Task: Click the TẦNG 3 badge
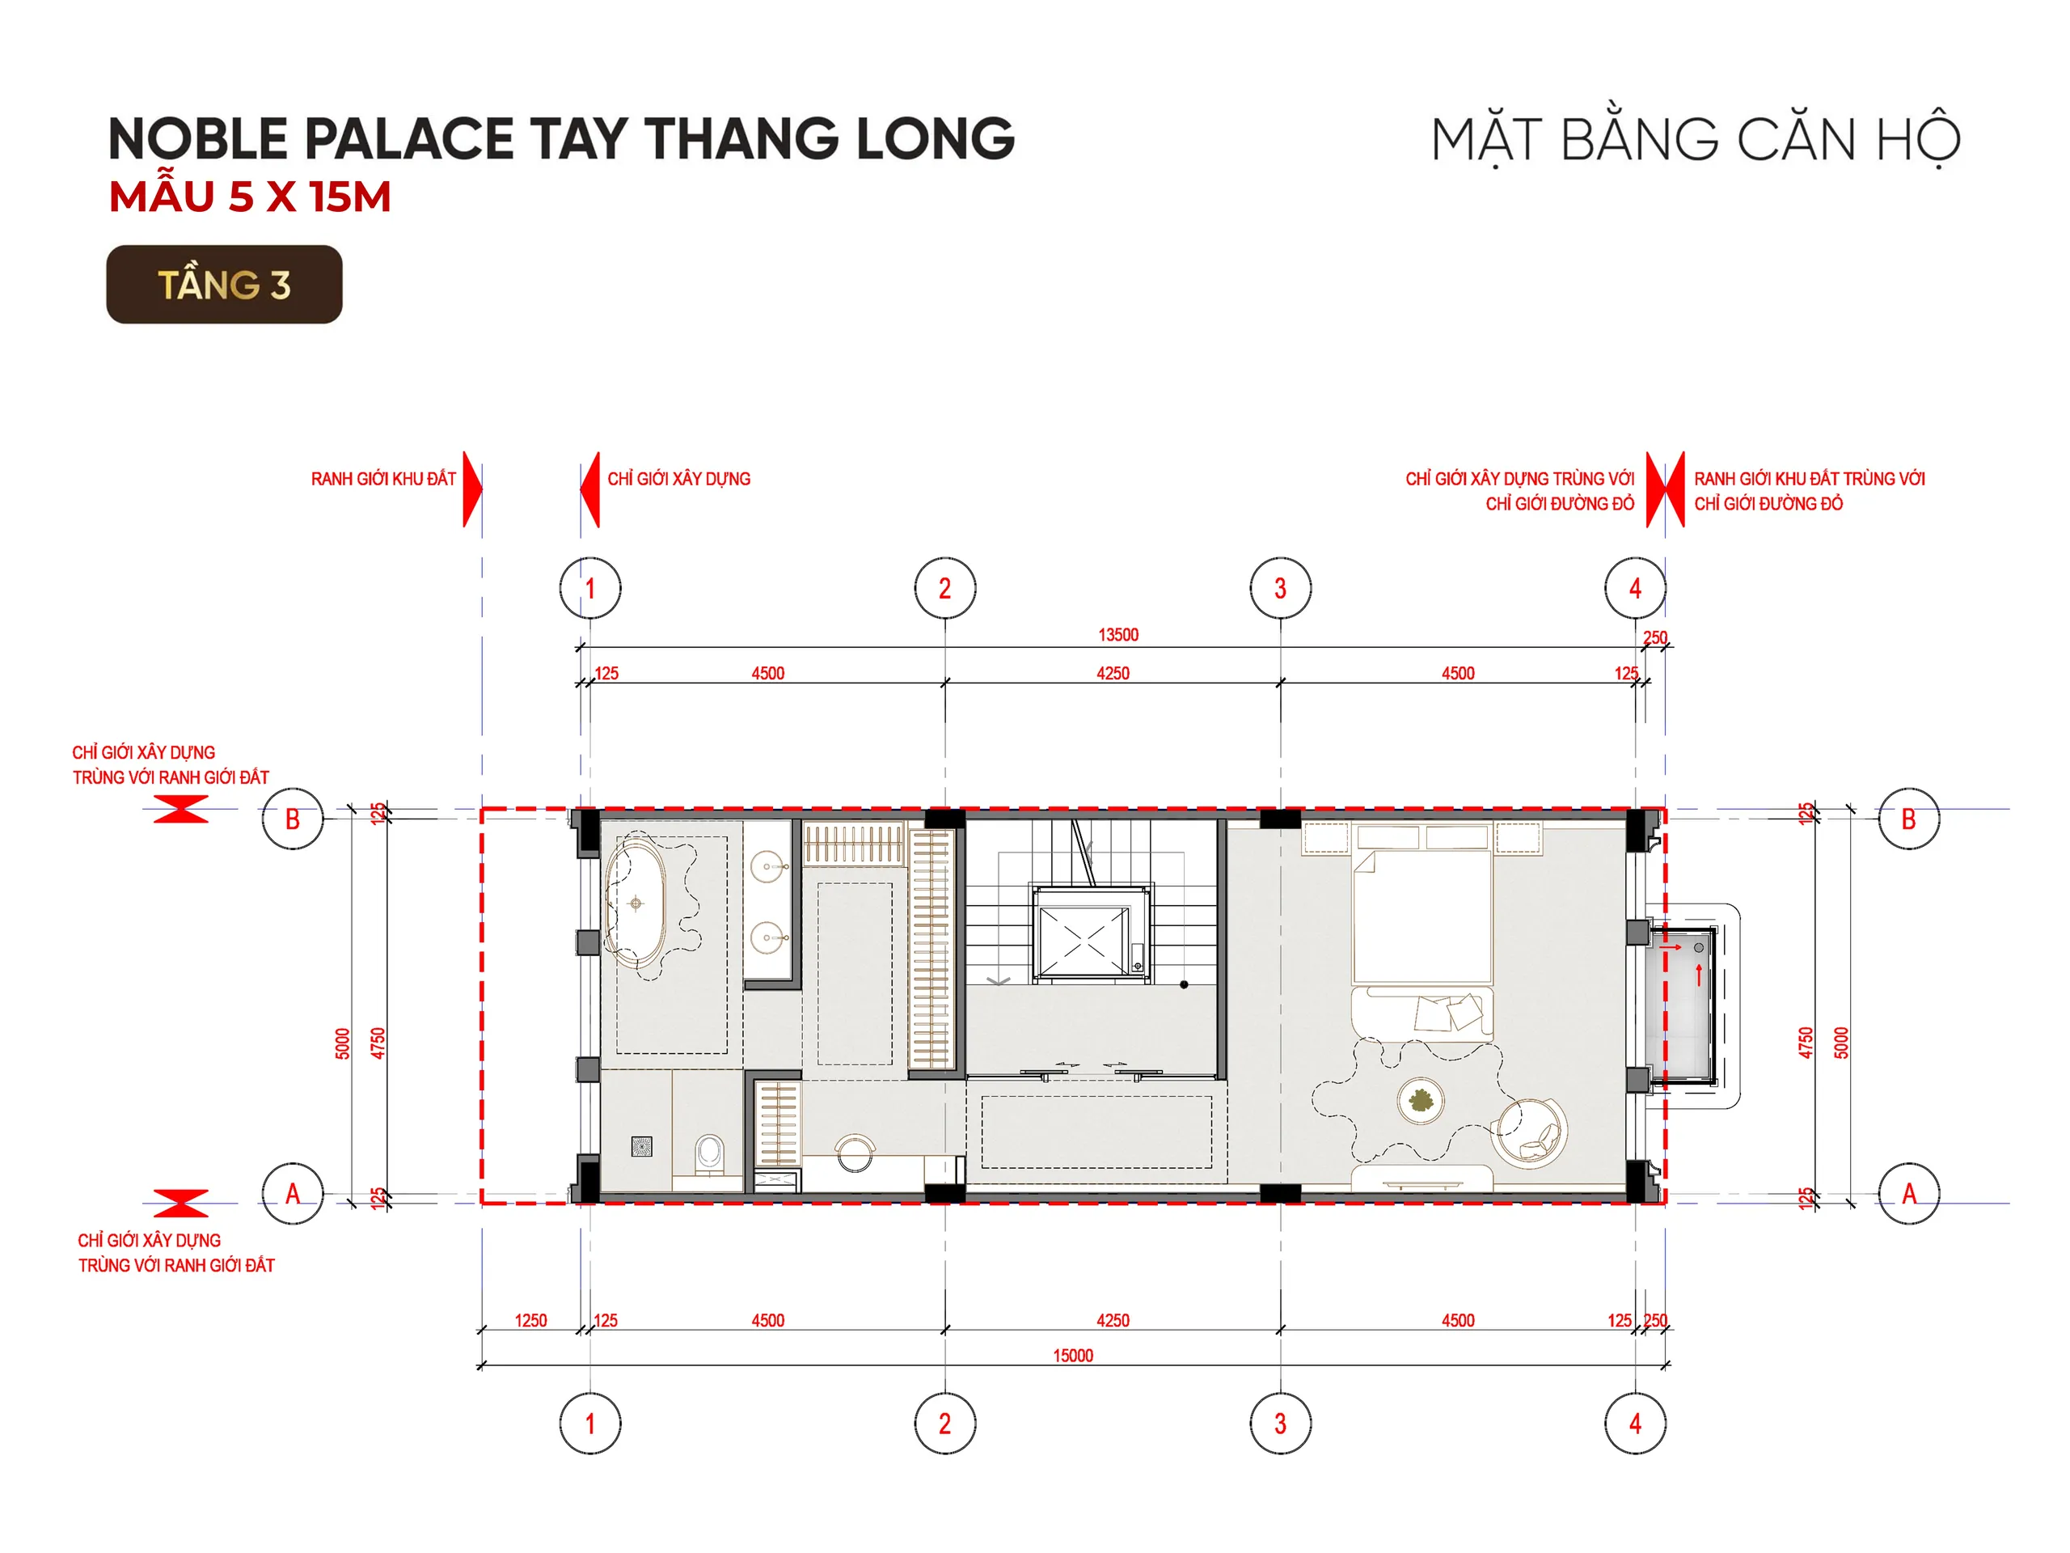(225, 285)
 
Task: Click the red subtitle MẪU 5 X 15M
(250, 197)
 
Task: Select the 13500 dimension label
(1118, 635)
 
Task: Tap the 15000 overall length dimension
(1072, 1356)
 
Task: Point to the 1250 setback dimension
(530, 1321)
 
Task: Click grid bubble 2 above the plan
(945, 588)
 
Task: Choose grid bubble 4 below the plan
(1635, 1424)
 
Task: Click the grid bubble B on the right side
(1909, 819)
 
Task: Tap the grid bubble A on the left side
(293, 1194)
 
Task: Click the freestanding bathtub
(636, 903)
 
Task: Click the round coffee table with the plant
(1421, 1101)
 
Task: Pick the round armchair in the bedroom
(1529, 1132)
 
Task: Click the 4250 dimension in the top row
(1113, 673)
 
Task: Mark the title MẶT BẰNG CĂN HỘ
(1696, 141)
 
